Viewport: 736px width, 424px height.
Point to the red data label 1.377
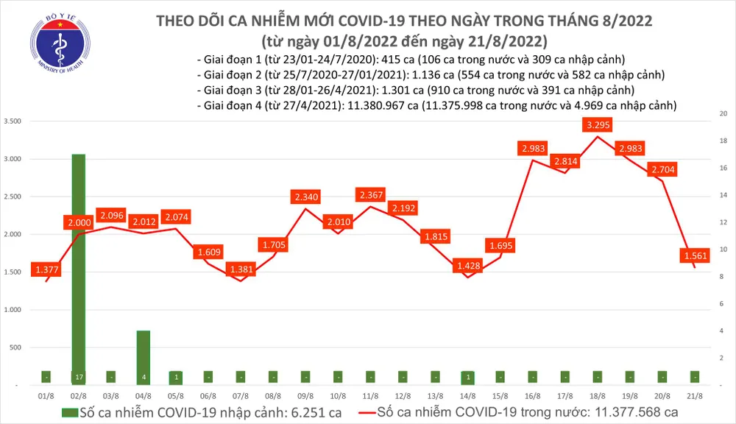(x=47, y=271)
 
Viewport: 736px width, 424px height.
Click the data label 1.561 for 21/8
(x=690, y=256)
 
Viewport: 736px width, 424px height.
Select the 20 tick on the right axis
(x=723, y=114)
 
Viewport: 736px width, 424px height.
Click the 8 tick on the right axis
(x=722, y=277)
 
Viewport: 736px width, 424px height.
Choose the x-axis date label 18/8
(x=598, y=396)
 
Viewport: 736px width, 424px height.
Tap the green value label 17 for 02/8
(x=79, y=377)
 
